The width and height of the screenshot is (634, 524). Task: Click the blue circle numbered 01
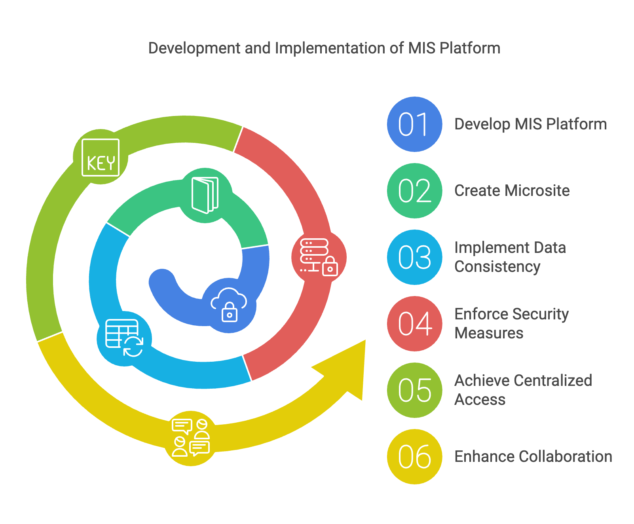[414, 124]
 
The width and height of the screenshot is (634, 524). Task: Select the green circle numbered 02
[414, 191]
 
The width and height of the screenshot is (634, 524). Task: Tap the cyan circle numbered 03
[414, 257]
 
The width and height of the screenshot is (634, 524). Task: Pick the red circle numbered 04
[414, 324]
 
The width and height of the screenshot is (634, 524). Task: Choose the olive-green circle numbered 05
[414, 390]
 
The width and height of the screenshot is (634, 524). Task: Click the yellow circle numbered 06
[414, 457]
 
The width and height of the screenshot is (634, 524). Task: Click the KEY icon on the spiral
[101, 158]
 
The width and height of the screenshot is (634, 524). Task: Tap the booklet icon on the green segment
[205, 196]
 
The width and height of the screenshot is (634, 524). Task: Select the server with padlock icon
[319, 257]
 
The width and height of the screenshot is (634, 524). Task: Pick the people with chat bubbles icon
[191, 438]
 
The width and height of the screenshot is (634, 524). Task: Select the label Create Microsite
[512, 191]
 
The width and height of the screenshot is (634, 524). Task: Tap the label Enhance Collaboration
[533, 457]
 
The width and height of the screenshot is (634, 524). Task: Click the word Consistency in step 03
[497, 267]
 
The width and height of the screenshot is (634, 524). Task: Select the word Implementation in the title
[329, 48]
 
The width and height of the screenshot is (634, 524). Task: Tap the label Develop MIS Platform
[530, 124]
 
